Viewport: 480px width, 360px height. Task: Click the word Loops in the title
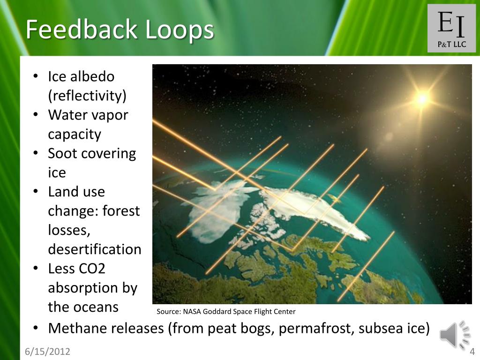tap(180, 30)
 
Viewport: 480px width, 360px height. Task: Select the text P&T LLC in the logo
tap(451, 45)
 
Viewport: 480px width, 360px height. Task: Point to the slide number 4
tap(472, 352)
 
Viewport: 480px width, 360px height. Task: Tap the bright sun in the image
tap(422, 98)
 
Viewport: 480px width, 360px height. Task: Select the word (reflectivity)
tap(87, 96)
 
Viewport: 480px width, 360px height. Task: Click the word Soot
tap(65, 153)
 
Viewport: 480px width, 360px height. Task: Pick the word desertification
tap(94, 249)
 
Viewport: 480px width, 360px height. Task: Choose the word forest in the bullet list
tap(121, 211)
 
